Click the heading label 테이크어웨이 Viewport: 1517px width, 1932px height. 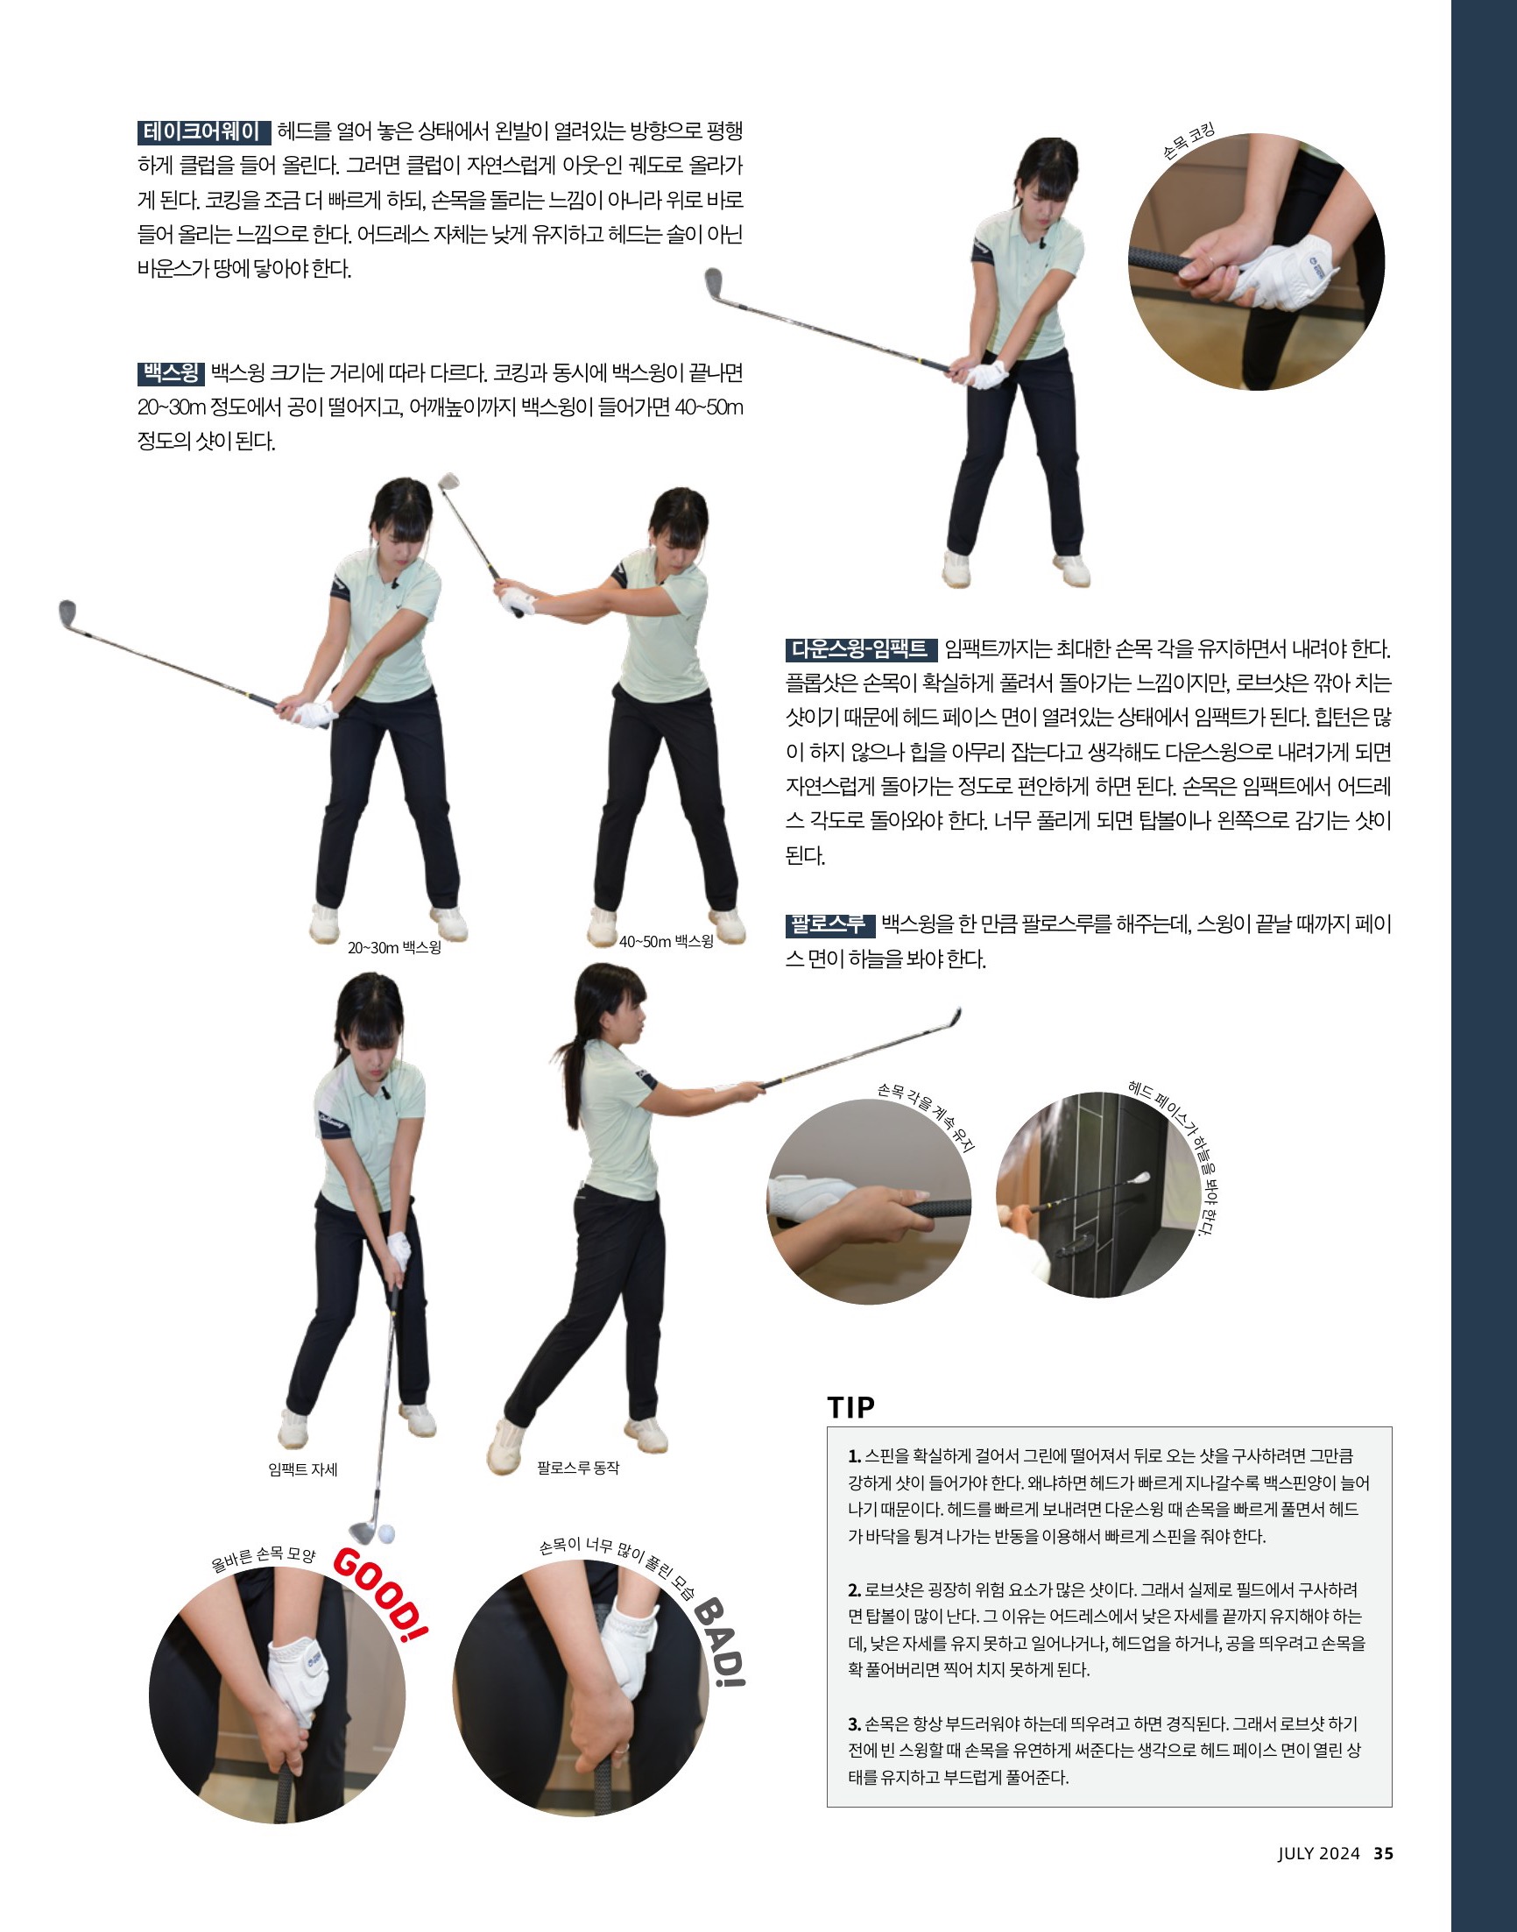203,132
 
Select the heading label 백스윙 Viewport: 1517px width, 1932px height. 172,373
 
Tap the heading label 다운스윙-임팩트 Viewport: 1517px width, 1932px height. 860,649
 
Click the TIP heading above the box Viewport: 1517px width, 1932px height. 850,1407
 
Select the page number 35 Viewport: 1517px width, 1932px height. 1383,1853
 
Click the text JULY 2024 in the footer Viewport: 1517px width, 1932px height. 1318,1853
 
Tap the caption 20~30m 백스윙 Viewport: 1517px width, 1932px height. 394,948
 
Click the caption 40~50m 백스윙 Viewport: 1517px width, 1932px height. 667,942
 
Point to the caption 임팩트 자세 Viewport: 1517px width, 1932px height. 303,1469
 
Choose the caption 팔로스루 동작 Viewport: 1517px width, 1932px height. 578,1468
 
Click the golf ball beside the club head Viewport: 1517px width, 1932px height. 386,1534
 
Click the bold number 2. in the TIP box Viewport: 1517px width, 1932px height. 854,1590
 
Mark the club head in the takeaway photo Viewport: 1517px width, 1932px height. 713,281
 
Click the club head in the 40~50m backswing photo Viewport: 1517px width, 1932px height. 448,482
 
